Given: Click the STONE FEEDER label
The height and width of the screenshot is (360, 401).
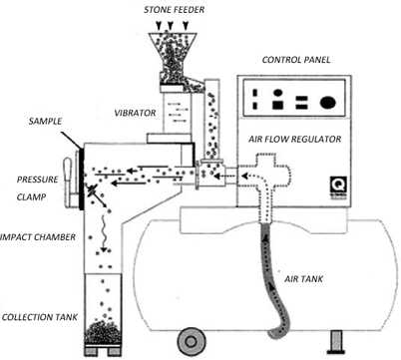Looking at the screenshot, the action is click(x=174, y=10).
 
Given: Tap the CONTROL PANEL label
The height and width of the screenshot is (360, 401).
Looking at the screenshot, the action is click(x=296, y=60).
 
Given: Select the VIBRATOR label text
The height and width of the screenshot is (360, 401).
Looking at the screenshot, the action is click(x=135, y=113).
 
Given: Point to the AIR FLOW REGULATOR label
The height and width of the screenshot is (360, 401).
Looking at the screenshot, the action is click(x=295, y=139).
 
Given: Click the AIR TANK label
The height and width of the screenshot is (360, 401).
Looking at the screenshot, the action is click(x=303, y=279).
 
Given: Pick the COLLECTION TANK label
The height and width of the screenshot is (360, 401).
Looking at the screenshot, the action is click(x=40, y=317).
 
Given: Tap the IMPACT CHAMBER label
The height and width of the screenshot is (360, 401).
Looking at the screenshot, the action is click(x=38, y=237).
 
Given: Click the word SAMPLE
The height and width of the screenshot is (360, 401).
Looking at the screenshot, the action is click(x=45, y=121).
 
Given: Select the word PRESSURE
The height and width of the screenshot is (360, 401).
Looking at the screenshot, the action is click(x=37, y=180).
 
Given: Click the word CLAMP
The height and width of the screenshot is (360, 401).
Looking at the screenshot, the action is click(x=31, y=197).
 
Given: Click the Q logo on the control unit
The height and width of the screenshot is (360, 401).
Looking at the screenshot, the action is click(x=338, y=185).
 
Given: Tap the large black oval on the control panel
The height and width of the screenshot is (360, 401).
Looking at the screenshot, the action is click(x=328, y=102).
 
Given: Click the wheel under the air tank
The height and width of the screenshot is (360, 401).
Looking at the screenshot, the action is click(x=191, y=341).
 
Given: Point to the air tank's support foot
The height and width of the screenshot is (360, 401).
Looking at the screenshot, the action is click(x=336, y=342).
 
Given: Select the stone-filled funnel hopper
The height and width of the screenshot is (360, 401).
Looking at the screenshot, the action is click(x=173, y=58).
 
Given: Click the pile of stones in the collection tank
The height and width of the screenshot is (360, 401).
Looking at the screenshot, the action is click(x=103, y=332).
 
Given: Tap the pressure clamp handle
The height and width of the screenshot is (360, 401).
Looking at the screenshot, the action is click(x=68, y=182).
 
